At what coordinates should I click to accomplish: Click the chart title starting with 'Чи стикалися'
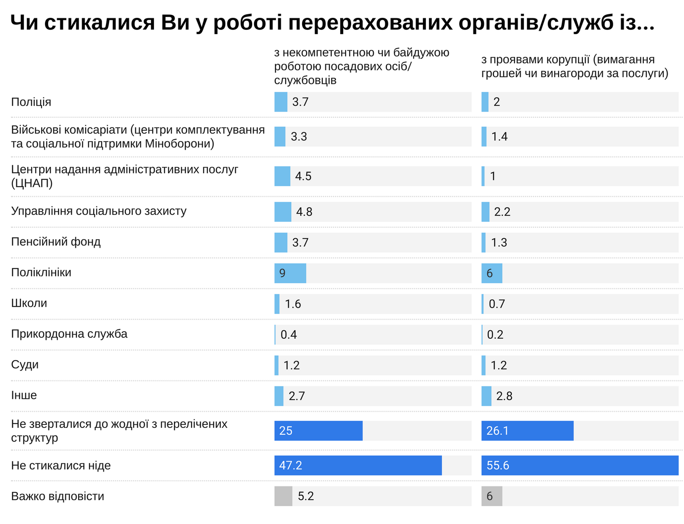[x=332, y=23]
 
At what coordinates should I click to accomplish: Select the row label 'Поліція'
[x=31, y=102]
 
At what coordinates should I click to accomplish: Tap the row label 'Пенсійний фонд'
[x=56, y=242]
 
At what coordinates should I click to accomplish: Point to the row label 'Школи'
[x=29, y=303]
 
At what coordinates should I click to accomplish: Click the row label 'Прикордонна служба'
[x=69, y=334]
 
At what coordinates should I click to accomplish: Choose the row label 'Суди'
[x=25, y=365]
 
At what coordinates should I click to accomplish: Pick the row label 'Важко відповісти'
[x=57, y=496]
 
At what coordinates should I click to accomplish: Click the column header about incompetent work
[x=362, y=66]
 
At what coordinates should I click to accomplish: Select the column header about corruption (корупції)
[x=575, y=66]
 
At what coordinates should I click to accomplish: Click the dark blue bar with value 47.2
[x=358, y=466]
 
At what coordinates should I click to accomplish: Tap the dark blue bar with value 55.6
[x=579, y=466]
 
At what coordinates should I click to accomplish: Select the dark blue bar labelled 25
[x=318, y=431]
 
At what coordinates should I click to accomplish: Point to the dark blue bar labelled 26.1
[x=527, y=431]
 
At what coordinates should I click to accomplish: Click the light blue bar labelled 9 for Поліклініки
[x=290, y=273]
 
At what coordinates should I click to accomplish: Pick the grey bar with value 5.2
[x=283, y=496]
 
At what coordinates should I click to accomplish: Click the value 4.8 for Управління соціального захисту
[x=304, y=212]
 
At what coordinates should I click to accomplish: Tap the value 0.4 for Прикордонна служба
[x=289, y=335]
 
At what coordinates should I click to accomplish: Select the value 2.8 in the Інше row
[x=504, y=396]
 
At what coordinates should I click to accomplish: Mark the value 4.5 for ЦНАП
[x=303, y=176]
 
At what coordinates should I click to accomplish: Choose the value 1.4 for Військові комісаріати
[x=499, y=137]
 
